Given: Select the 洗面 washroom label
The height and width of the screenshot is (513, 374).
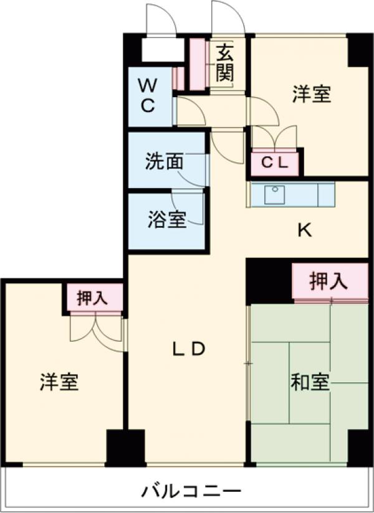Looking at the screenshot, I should [164, 162].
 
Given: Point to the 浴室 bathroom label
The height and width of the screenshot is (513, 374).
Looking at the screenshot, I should [166, 220].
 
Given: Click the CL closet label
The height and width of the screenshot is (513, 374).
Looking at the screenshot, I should [275, 164].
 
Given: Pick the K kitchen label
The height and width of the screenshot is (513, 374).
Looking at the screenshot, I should [304, 231].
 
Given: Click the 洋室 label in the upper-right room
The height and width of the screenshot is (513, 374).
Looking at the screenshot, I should [312, 94].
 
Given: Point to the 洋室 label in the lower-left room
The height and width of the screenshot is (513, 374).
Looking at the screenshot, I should [60, 382].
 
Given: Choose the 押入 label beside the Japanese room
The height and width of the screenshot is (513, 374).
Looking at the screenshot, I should [328, 282].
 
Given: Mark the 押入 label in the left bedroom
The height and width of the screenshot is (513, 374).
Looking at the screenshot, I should [92, 298].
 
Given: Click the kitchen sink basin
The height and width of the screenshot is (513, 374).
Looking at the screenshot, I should [275, 195].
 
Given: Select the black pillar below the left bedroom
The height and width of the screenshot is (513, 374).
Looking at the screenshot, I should [125, 447].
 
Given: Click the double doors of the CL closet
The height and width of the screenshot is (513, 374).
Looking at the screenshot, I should [274, 138].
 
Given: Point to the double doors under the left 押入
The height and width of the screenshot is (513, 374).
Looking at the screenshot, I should [95, 327].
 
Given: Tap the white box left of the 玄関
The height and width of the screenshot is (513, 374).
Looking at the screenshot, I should [163, 50].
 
